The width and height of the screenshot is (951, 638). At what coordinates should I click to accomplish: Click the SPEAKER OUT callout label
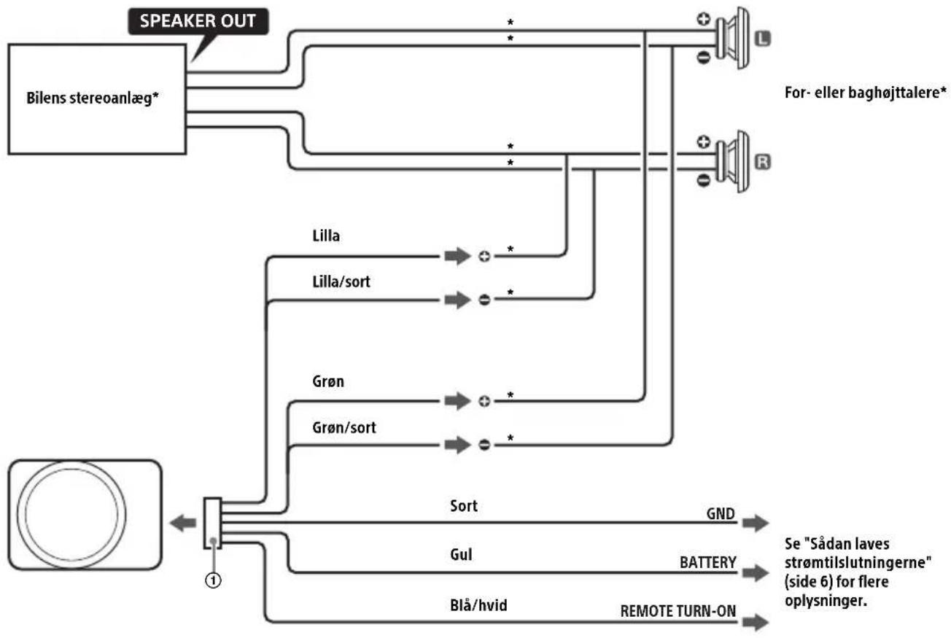198,21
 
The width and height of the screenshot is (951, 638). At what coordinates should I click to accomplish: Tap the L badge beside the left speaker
763,39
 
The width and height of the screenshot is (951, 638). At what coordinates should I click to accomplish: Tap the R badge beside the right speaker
763,162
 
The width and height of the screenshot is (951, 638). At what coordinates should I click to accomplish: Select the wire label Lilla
326,236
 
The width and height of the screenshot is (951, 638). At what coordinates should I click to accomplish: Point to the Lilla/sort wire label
341,281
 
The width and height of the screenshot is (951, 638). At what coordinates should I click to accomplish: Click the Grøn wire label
328,381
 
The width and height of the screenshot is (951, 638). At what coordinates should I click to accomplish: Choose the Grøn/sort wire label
344,427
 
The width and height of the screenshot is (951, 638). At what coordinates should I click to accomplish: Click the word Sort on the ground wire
464,506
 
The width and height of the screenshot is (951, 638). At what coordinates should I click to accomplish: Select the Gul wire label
461,554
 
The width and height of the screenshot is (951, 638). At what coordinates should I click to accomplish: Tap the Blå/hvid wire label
478,605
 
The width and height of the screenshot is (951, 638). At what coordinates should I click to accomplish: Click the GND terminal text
721,513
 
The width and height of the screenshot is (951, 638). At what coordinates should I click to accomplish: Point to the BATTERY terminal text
707,562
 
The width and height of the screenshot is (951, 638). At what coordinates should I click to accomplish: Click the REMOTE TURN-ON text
678,611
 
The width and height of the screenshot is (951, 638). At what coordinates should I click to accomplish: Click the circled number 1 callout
213,580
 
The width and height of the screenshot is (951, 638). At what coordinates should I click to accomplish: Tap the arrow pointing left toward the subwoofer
183,523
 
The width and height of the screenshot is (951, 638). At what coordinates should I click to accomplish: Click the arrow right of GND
756,523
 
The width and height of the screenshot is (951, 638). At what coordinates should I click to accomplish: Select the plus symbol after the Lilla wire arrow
484,257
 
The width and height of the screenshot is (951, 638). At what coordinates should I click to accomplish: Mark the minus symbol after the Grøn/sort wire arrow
484,445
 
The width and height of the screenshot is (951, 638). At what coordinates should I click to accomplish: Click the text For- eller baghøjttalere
865,93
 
